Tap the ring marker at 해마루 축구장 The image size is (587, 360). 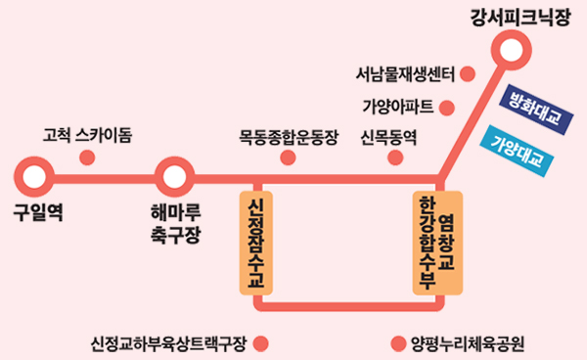(174, 178)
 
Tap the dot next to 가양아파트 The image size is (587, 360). (448, 106)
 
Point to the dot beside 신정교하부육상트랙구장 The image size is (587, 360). (259, 342)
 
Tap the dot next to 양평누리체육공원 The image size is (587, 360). (397, 342)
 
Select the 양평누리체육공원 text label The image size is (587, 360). (470, 342)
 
